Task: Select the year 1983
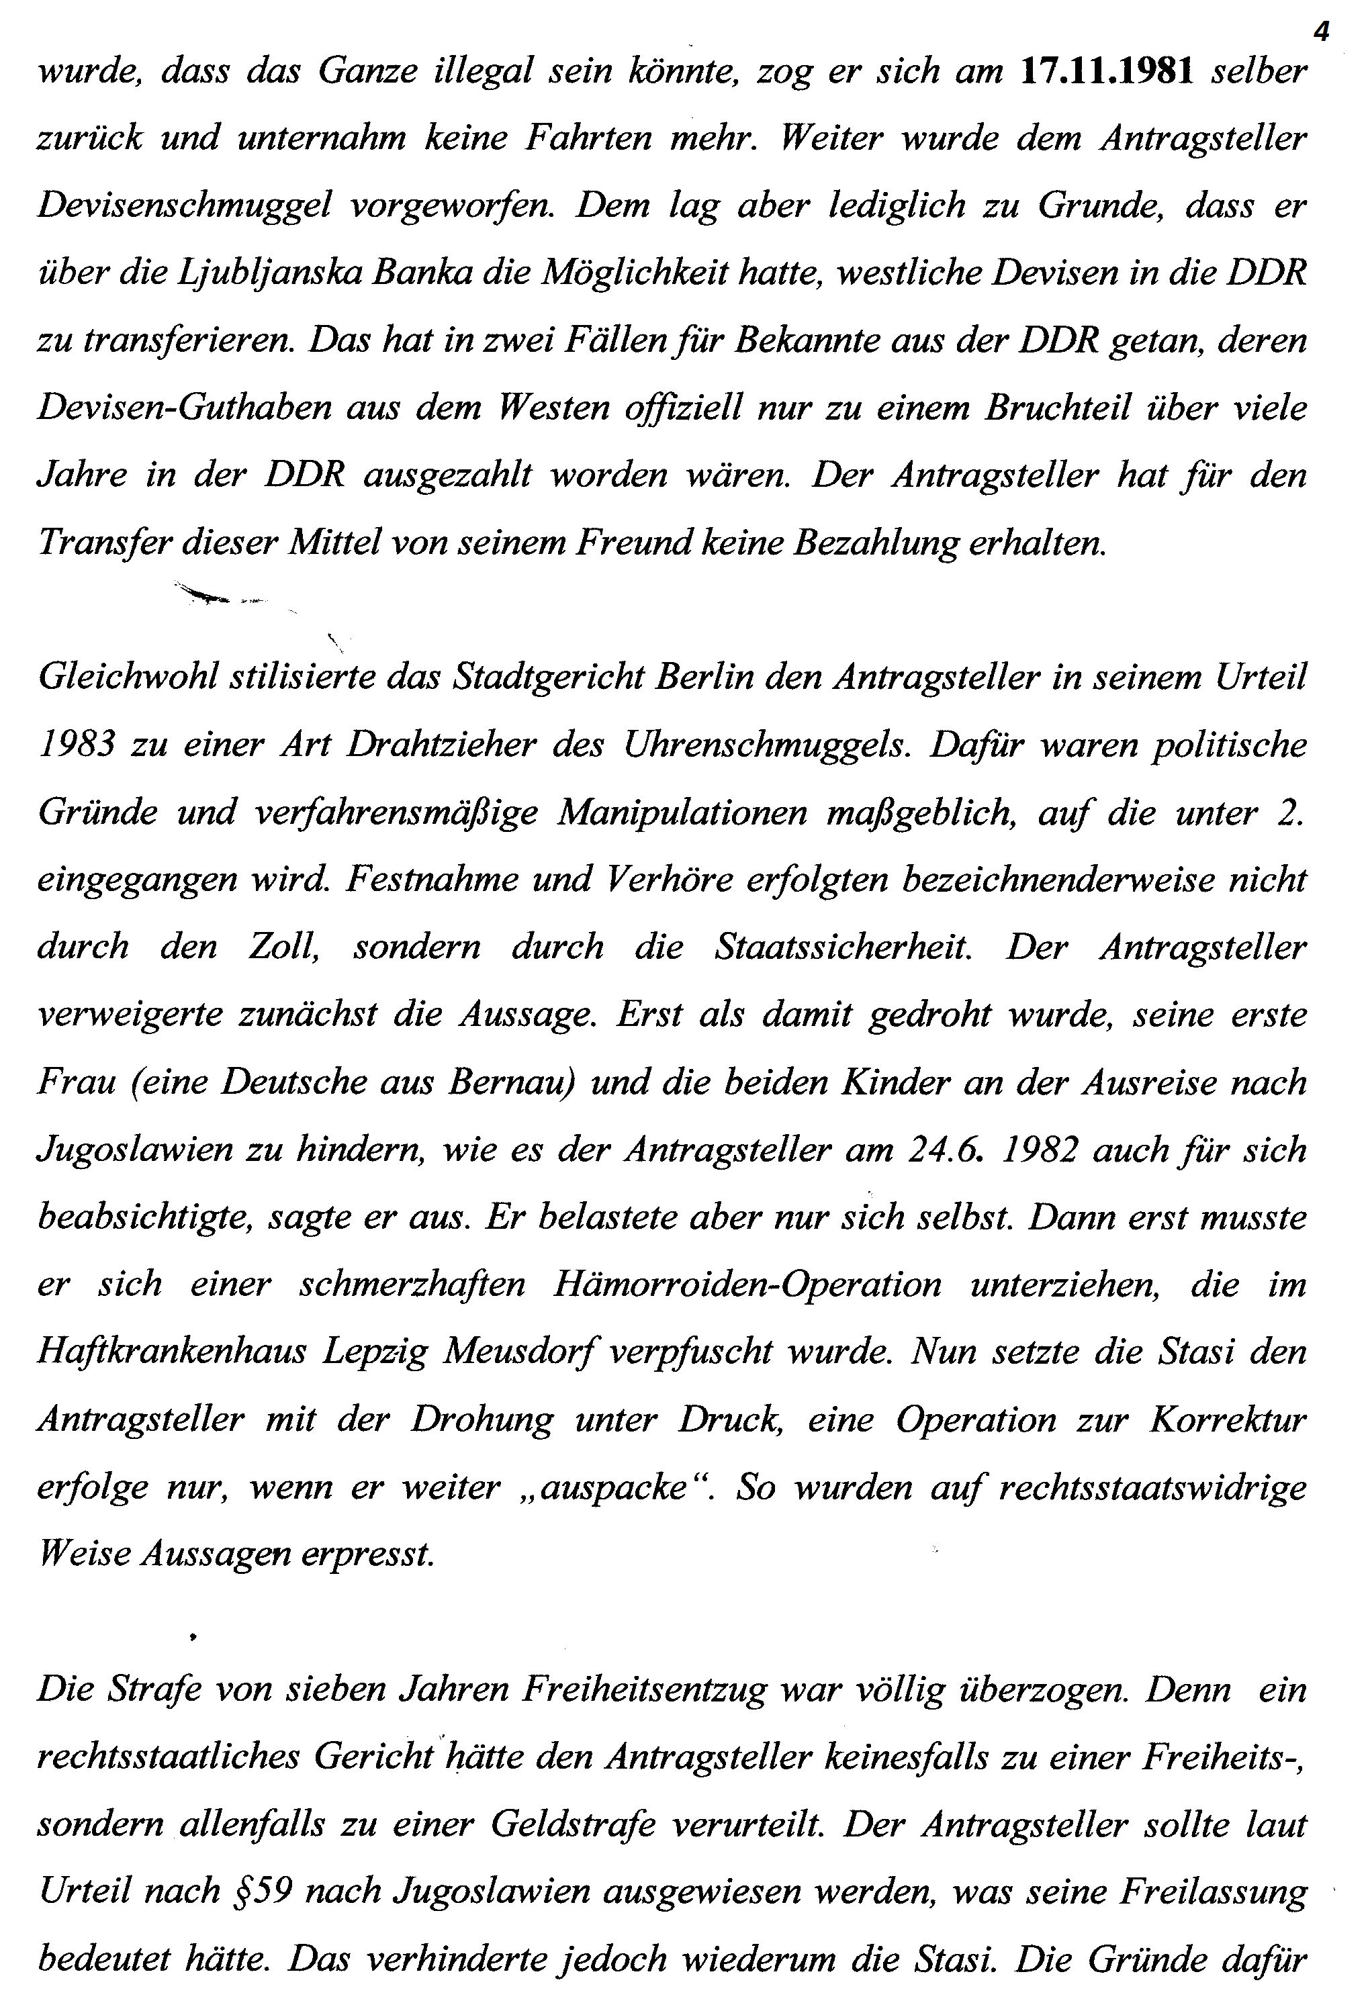[x=77, y=745]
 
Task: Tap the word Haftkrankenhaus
[x=172, y=1352]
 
